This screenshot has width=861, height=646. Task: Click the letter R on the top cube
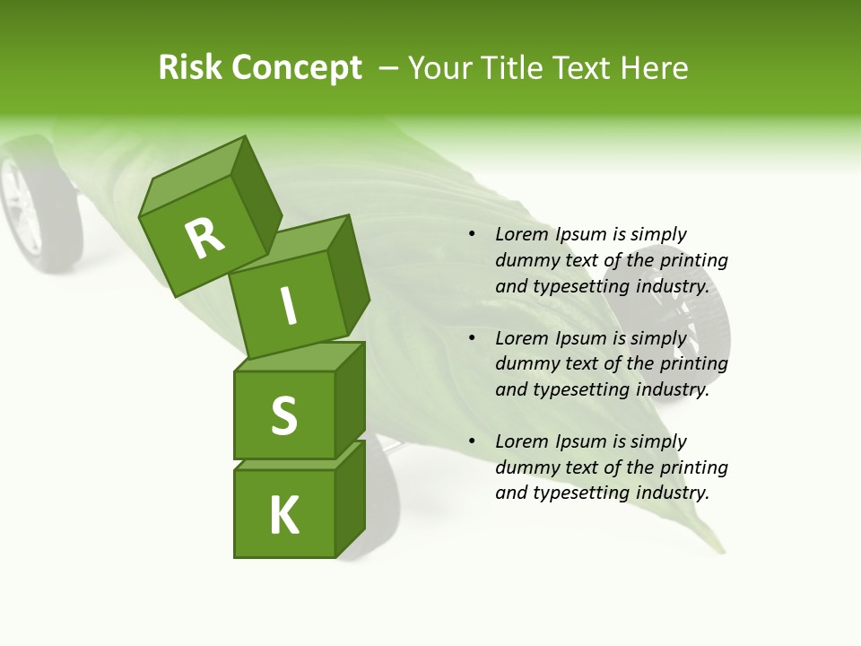pyautogui.click(x=205, y=237)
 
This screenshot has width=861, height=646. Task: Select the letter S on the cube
pyautogui.click(x=283, y=415)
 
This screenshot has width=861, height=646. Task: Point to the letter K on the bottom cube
pyautogui.click(x=284, y=516)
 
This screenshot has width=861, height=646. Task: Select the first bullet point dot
pyautogui.click(x=472, y=234)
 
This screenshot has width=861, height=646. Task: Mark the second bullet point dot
pyautogui.click(x=472, y=338)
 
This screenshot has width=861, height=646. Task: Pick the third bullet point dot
pyautogui.click(x=472, y=441)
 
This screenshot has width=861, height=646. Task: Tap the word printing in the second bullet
pyautogui.click(x=693, y=364)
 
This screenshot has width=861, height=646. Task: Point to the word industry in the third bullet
pyautogui.click(x=672, y=493)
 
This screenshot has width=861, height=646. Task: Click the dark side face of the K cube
pyautogui.click(x=351, y=498)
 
